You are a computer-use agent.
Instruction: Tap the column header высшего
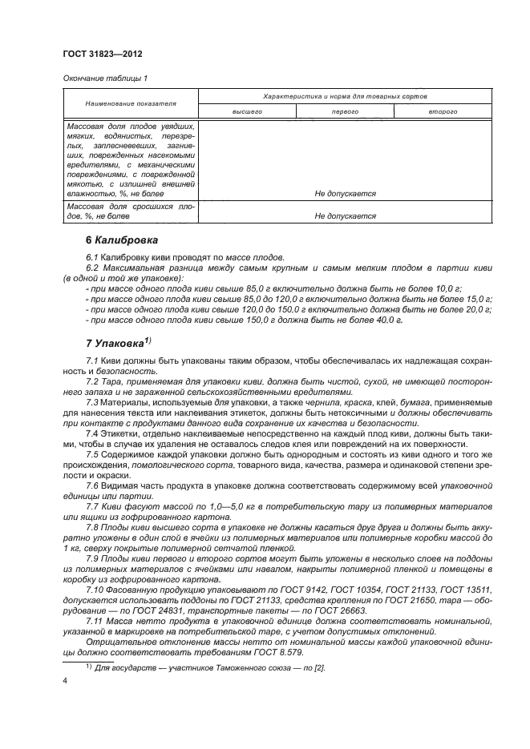pyautogui.click(x=247, y=112)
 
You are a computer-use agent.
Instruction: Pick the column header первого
pyautogui.click(x=345, y=112)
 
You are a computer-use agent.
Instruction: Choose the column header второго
pyautogui.click(x=443, y=112)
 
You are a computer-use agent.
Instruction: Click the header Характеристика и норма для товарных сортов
pyautogui.click(x=345, y=95)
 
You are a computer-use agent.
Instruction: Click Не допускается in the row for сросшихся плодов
pyautogui.click(x=345, y=216)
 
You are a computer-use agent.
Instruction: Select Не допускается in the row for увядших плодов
pyautogui.click(x=345, y=194)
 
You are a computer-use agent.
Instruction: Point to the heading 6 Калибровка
pyautogui.click(x=122, y=240)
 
